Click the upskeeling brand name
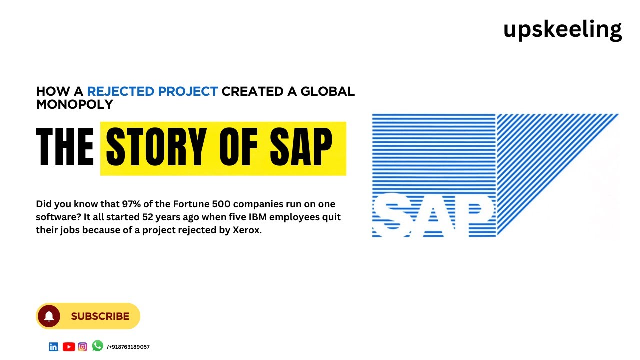click(562, 29)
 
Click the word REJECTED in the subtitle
click(120, 92)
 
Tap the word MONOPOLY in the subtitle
click(74, 104)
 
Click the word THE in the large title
click(65, 147)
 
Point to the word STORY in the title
click(155, 147)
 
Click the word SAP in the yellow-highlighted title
click(301, 147)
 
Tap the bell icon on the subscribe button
click(49, 316)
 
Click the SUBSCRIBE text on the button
click(100, 316)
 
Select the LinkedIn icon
click(53, 347)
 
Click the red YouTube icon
click(69, 347)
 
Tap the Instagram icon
click(83, 347)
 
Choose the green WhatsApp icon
click(97, 346)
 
